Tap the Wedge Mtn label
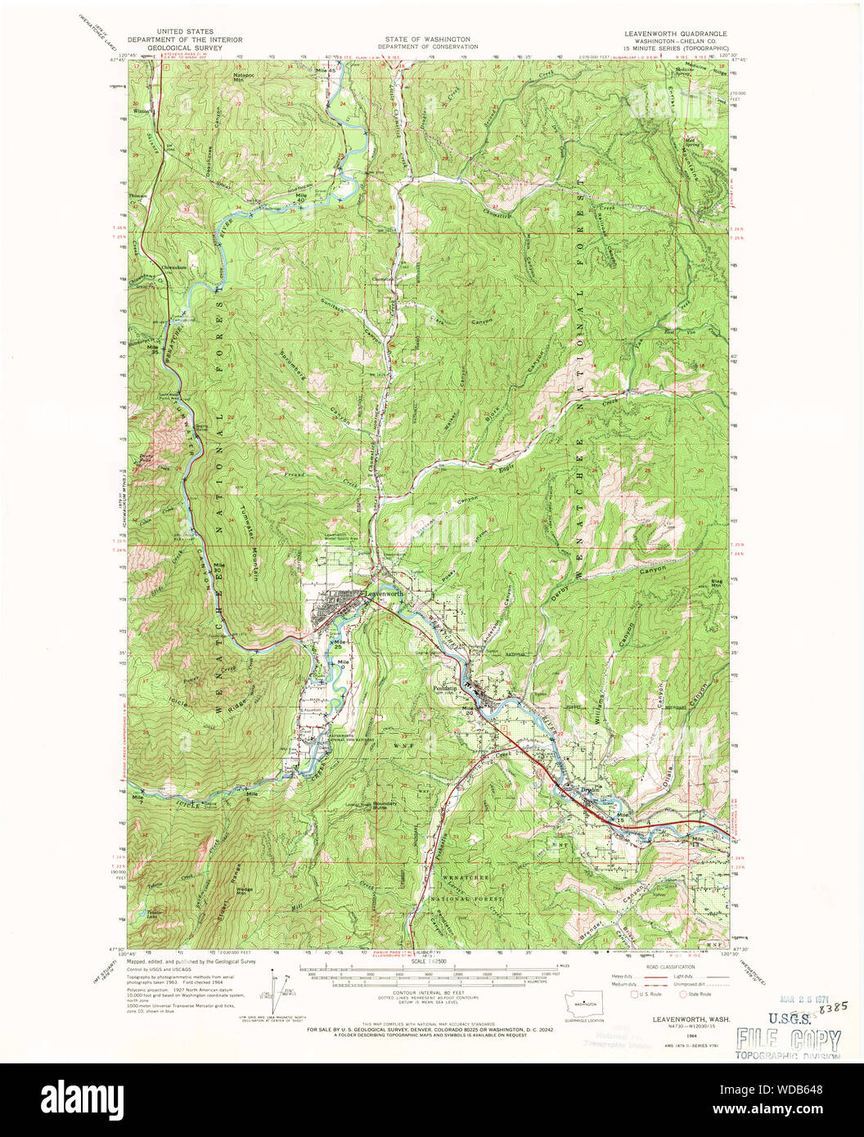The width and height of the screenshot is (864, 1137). [x=245, y=890]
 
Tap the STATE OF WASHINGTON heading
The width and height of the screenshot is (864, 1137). [x=429, y=38]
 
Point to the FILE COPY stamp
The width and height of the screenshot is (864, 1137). [x=788, y=1040]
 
